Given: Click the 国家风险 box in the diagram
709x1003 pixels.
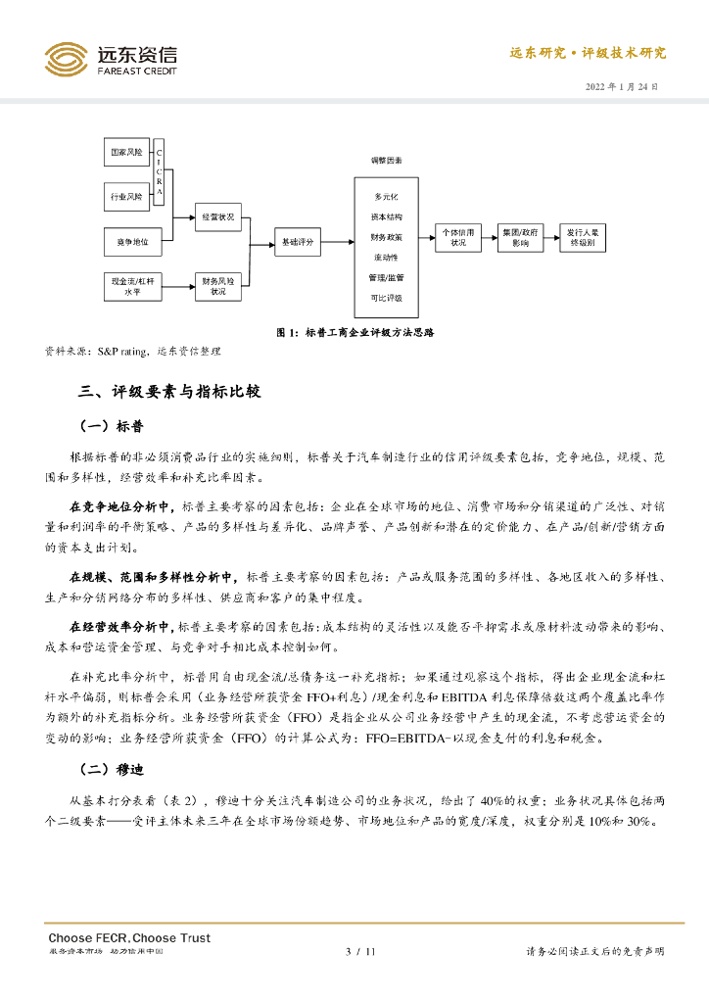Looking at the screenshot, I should [125, 153].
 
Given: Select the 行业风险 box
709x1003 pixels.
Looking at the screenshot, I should [125, 196].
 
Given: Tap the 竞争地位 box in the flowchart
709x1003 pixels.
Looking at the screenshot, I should [125, 240].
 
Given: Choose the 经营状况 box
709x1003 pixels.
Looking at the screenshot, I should [217, 216].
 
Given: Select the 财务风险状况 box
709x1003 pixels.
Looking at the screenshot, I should [217, 285].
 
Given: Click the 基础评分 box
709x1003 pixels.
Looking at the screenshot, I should [298, 240].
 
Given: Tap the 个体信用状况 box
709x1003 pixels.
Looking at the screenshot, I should [457, 237].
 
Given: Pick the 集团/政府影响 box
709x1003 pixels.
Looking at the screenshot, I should [520, 237].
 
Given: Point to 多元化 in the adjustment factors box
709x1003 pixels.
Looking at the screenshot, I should [386, 196].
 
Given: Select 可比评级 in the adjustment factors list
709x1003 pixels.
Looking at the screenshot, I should [386, 297].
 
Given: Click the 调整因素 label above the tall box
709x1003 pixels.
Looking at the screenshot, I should [385, 160].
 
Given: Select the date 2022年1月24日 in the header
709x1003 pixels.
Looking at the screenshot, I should [622, 86].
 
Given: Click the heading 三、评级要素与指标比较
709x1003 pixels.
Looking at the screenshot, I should [169, 392].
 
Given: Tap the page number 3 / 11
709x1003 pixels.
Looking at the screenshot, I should [360, 951].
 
